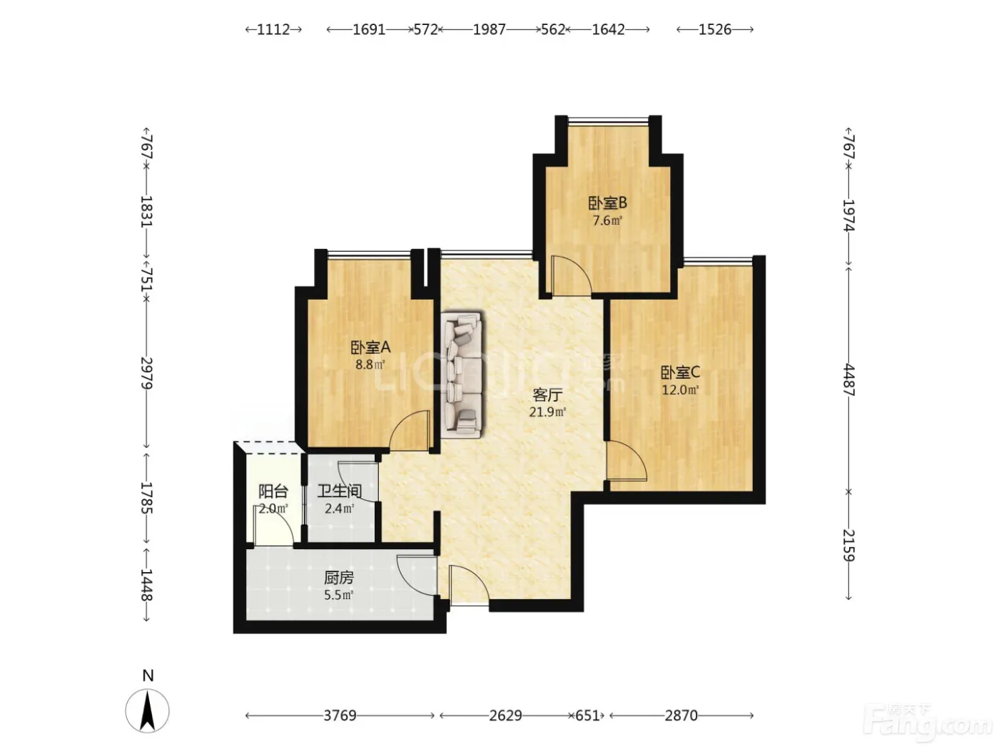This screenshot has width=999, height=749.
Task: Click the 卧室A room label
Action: click(x=370, y=348)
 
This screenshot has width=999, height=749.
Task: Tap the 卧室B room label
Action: click(x=607, y=203)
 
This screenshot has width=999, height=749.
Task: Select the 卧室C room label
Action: click(x=680, y=373)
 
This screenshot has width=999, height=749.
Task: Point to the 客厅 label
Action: click(x=547, y=395)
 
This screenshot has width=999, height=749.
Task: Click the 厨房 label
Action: click(x=339, y=578)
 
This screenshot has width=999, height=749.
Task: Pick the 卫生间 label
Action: click(x=340, y=491)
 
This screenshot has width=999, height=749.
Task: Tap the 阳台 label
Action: click(x=273, y=491)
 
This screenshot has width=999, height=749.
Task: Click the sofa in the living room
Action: click(x=462, y=374)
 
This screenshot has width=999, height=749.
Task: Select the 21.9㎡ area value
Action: click(x=547, y=412)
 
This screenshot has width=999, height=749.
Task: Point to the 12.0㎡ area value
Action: click(x=680, y=389)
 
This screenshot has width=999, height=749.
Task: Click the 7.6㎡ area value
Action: click(x=607, y=220)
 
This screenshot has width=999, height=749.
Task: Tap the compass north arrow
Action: click(x=147, y=710)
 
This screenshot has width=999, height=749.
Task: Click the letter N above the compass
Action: click(x=148, y=676)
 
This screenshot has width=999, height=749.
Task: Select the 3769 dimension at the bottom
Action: click(x=340, y=715)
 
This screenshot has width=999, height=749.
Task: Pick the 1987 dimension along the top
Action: click(x=490, y=29)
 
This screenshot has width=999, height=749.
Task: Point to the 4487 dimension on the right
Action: click(x=849, y=380)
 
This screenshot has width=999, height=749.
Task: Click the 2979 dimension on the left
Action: click(x=146, y=373)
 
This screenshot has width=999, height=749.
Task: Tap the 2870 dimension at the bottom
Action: click(x=681, y=715)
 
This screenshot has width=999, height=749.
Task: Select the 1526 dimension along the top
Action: click(x=714, y=29)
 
